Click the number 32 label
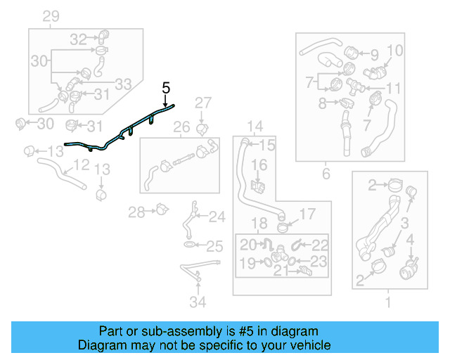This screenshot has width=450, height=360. point(78,39)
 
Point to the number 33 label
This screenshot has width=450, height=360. point(123,84)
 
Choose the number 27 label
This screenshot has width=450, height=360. point(202,103)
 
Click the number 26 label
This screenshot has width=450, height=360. point(181,127)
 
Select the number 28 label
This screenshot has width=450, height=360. point(136,211)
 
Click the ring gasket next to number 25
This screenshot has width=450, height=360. point(191,245)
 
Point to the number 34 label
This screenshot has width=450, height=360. point(199,302)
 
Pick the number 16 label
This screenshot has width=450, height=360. point(259,165)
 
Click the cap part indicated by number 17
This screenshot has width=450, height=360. point(284,226)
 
